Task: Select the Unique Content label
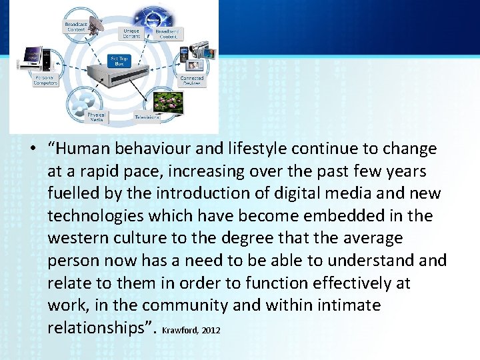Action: (131, 33)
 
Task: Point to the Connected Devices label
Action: (192, 81)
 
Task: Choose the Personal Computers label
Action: (45, 80)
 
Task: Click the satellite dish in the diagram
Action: (93, 25)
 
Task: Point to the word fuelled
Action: (72, 193)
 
